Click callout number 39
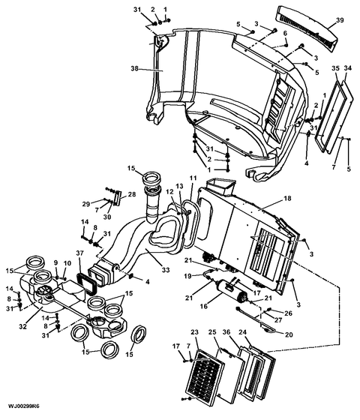340,20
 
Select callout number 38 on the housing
134,68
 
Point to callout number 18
287,199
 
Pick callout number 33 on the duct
166,270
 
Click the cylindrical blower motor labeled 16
232,291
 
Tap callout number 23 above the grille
195,332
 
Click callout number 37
79,253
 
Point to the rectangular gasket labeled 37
86,284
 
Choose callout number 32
23,327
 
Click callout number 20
289,334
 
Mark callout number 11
193,178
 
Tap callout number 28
132,194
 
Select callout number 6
285,33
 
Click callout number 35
336,68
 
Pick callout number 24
243,332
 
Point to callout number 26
288,313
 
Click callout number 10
67,263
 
